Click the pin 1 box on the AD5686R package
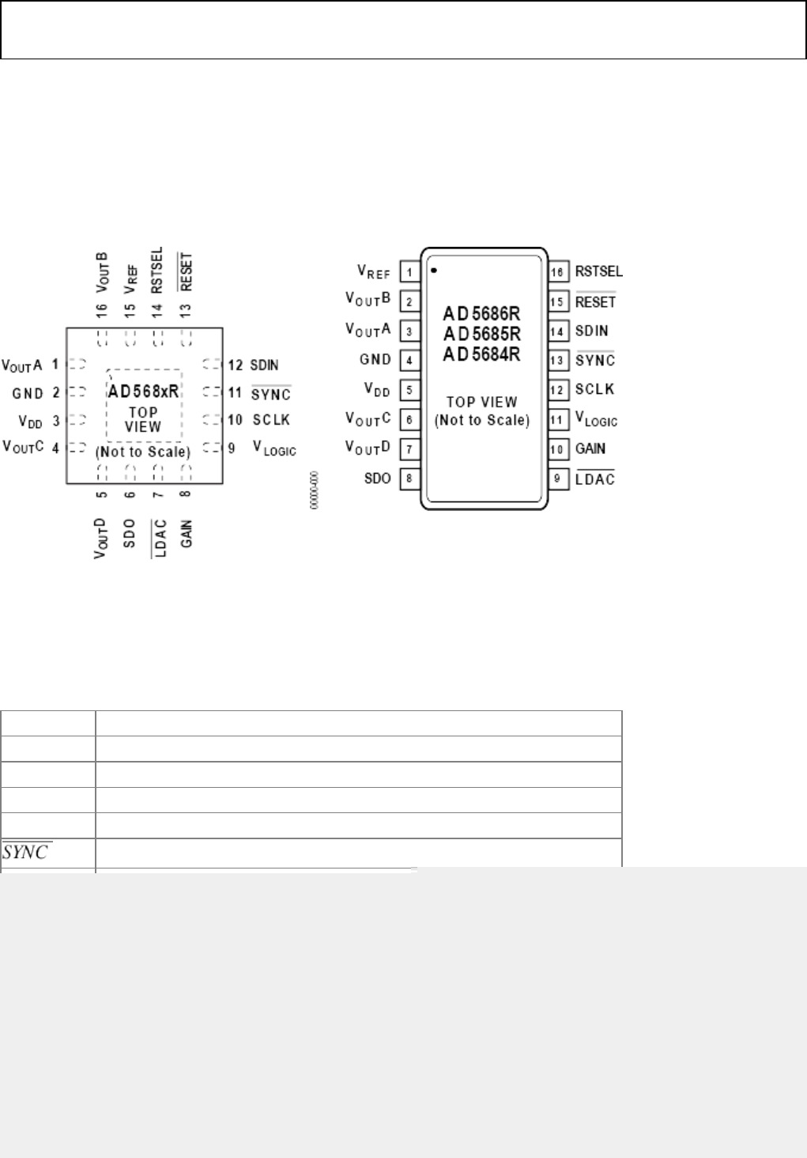pos(409,273)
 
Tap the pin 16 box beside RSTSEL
pos(558,272)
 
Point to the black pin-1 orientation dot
pos(434,271)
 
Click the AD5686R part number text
pos(481,314)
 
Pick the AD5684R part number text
pos(481,354)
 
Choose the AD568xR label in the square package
pos(144,392)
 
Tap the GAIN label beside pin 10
pos(590,449)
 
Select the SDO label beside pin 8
pos(378,479)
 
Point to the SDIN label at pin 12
pos(265,365)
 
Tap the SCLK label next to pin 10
pos(271,420)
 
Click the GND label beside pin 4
pos(375,360)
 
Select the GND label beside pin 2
pos(28,393)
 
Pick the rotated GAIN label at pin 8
pos(187,534)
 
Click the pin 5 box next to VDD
pos(409,390)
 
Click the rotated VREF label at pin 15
pos(131,279)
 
